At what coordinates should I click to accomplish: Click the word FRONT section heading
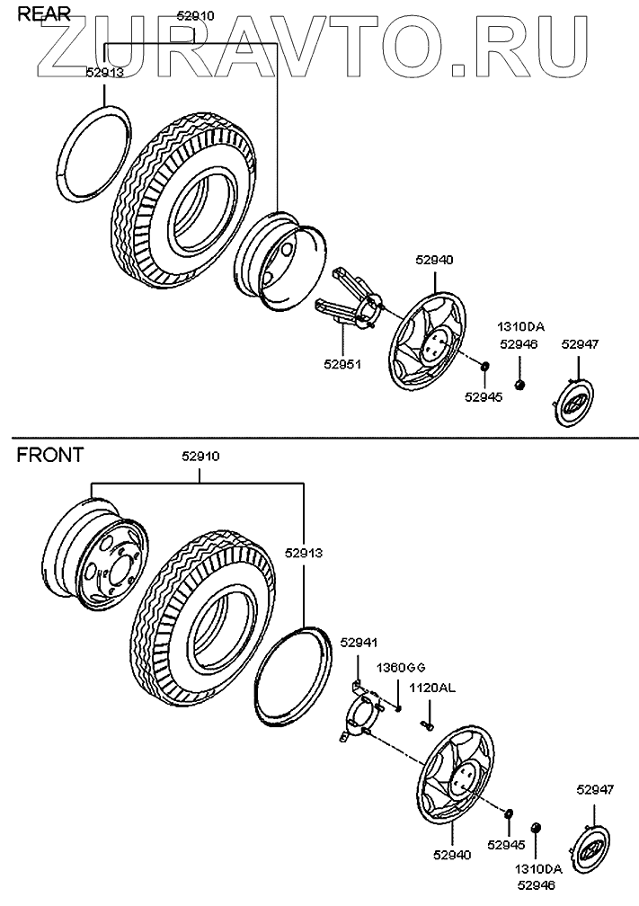pyautogui.click(x=49, y=455)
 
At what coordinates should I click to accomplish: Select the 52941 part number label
pyautogui.click(x=359, y=641)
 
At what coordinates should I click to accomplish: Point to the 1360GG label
pyautogui.click(x=400, y=667)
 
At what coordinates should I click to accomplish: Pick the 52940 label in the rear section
pyautogui.click(x=434, y=259)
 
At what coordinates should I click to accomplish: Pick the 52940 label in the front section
pyautogui.click(x=452, y=856)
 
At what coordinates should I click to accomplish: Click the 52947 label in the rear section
pyautogui.click(x=580, y=343)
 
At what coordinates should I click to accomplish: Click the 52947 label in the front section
pyautogui.click(x=596, y=790)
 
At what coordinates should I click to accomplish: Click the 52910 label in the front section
pyautogui.click(x=200, y=457)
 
